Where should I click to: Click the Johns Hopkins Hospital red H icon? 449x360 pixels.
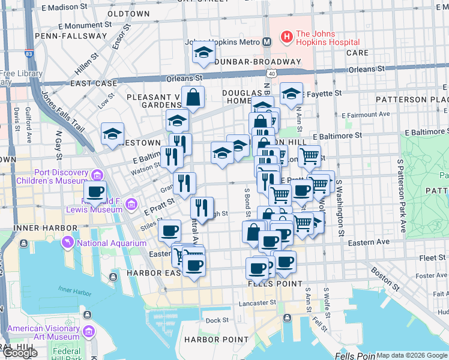coord(286,37)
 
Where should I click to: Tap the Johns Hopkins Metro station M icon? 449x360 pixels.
coord(268,42)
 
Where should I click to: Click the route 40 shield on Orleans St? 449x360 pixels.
coord(272,73)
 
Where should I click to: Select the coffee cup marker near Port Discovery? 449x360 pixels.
coord(95,193)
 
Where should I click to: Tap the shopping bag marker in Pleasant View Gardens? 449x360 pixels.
coord(193,97)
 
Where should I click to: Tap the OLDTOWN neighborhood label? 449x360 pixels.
coord(128,13)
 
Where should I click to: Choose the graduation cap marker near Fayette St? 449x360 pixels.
coord(291,94)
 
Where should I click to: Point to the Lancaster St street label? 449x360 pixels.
coord(260,303)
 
